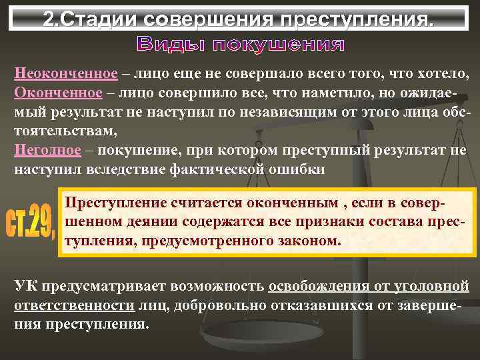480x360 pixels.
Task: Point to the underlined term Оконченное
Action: pos(59,92)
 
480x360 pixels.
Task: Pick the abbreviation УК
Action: pos(26,287)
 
